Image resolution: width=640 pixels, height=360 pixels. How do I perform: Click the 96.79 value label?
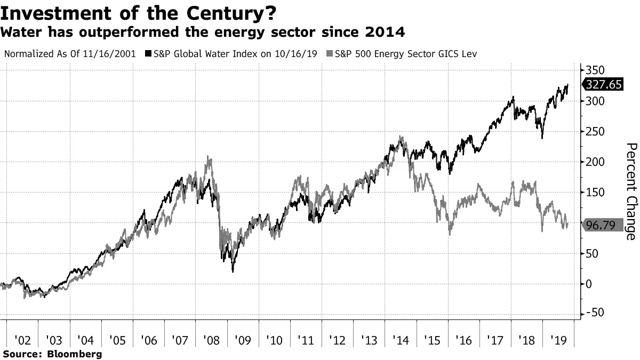[x=601, y=225]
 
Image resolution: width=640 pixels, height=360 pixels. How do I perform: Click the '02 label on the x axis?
[x=22, y=339]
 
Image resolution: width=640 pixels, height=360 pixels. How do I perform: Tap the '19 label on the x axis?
[x=558, y=339]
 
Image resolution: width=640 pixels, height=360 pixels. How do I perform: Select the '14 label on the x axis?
[x=401, y=339]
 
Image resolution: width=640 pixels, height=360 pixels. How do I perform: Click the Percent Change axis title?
[x=631, y=191]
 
